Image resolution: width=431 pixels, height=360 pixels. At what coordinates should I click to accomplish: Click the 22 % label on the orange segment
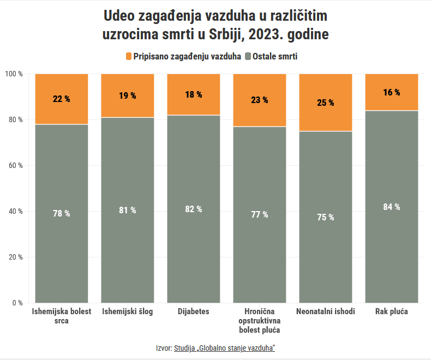click(61, 99)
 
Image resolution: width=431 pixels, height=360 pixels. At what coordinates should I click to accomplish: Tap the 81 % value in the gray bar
click(127, 210)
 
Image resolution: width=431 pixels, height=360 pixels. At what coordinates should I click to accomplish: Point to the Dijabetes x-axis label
click(193, 311)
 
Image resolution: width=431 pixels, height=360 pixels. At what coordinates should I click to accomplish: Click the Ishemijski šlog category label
click(127, 311)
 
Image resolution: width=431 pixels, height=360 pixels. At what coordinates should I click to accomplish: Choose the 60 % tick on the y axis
click(14, 165)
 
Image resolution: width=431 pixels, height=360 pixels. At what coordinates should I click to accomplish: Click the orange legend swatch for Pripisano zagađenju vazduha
click(129, 56)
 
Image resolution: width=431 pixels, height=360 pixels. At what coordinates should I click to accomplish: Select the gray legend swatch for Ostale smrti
click(248, 56)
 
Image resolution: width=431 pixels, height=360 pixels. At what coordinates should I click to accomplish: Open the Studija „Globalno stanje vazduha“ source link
click(224, 347)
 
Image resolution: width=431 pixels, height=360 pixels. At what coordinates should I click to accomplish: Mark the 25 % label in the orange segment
click(325, 103)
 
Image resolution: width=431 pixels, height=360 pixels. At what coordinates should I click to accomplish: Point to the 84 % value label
click(391, 207)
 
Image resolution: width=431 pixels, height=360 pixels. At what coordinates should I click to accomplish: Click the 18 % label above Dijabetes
click(193, 94)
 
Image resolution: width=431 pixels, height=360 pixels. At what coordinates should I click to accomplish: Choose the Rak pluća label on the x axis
click(391, 311)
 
